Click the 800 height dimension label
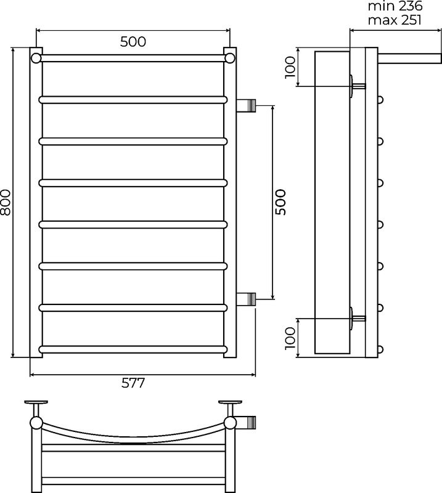coord(6,202)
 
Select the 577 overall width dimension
coord(133,383)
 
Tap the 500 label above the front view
coord(133,41)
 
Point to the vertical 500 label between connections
coord(280,202)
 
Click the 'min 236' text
coord(395,6)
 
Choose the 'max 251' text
coord(395,20)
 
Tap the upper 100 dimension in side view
coord(290,67)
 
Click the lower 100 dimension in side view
coord(290,338)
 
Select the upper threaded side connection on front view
coord(246,105)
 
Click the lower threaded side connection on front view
coord(246,299)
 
